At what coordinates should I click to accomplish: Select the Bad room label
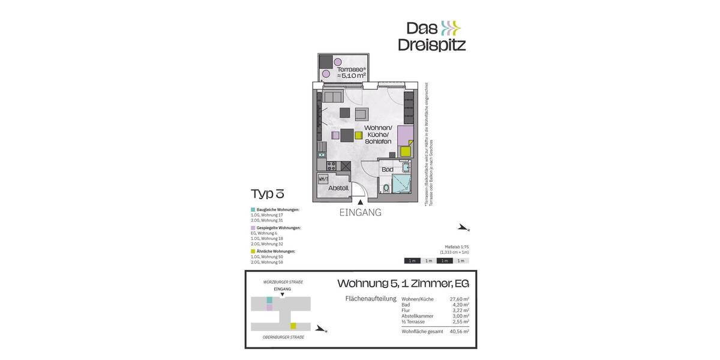388,170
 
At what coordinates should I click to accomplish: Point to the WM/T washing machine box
323,179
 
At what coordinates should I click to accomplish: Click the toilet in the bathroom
386,188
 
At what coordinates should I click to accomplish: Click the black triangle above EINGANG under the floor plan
360,203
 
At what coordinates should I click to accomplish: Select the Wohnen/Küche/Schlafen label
378,135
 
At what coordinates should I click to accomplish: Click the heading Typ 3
267,193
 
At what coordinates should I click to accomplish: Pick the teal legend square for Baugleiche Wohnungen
253,209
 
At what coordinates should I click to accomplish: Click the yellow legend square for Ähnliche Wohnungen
253,251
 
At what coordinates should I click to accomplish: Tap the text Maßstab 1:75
456,247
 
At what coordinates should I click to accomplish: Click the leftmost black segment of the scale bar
412,260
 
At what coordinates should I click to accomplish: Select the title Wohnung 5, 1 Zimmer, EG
403,283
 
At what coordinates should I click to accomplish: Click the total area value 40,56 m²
458,331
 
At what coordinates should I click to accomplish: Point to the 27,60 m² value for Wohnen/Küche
458,299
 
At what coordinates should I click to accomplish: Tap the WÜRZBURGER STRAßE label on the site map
283,282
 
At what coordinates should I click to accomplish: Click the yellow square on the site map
293,326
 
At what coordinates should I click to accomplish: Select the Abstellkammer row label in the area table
417,316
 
